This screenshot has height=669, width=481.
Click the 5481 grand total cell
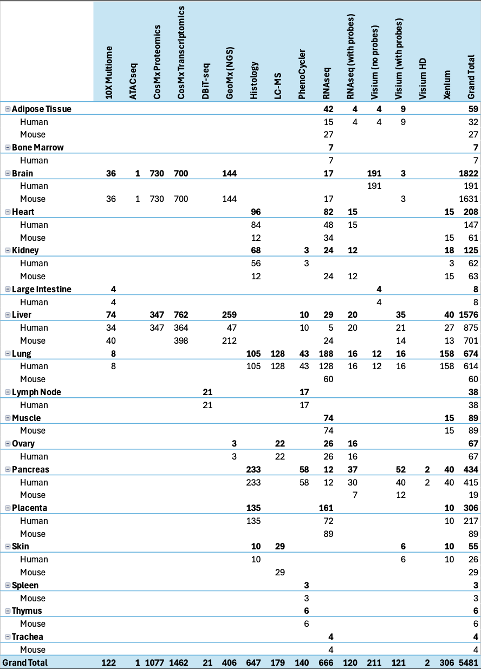[x=470, y=663]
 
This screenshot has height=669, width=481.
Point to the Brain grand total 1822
[x=469, y=173]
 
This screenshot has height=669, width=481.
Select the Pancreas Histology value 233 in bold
[x=254, y=469]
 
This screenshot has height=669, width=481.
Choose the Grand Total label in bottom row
[x=25, y=663]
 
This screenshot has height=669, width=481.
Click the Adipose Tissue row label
[x=42, y=109]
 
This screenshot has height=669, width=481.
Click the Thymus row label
[x=27, y=611]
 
